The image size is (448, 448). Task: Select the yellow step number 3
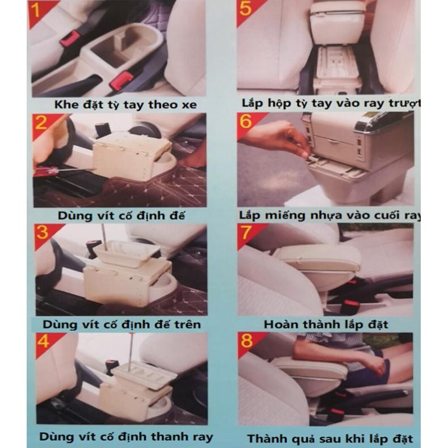click(42, 232)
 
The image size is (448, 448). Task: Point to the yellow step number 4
click(43, 341)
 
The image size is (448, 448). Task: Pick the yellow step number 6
click(246, 121)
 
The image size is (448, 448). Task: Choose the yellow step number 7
click(246, 232)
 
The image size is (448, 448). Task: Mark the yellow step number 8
click(246, 341)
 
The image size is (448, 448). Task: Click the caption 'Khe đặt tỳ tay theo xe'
click(125, 104)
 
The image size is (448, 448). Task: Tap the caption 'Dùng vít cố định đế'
click(122, 215)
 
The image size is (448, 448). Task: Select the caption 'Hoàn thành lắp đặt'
click(326, 325)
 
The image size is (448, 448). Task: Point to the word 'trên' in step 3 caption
click(187, 325)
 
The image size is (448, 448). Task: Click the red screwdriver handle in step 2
click(46, 171)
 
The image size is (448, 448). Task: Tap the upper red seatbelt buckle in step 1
click(70, 39)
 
